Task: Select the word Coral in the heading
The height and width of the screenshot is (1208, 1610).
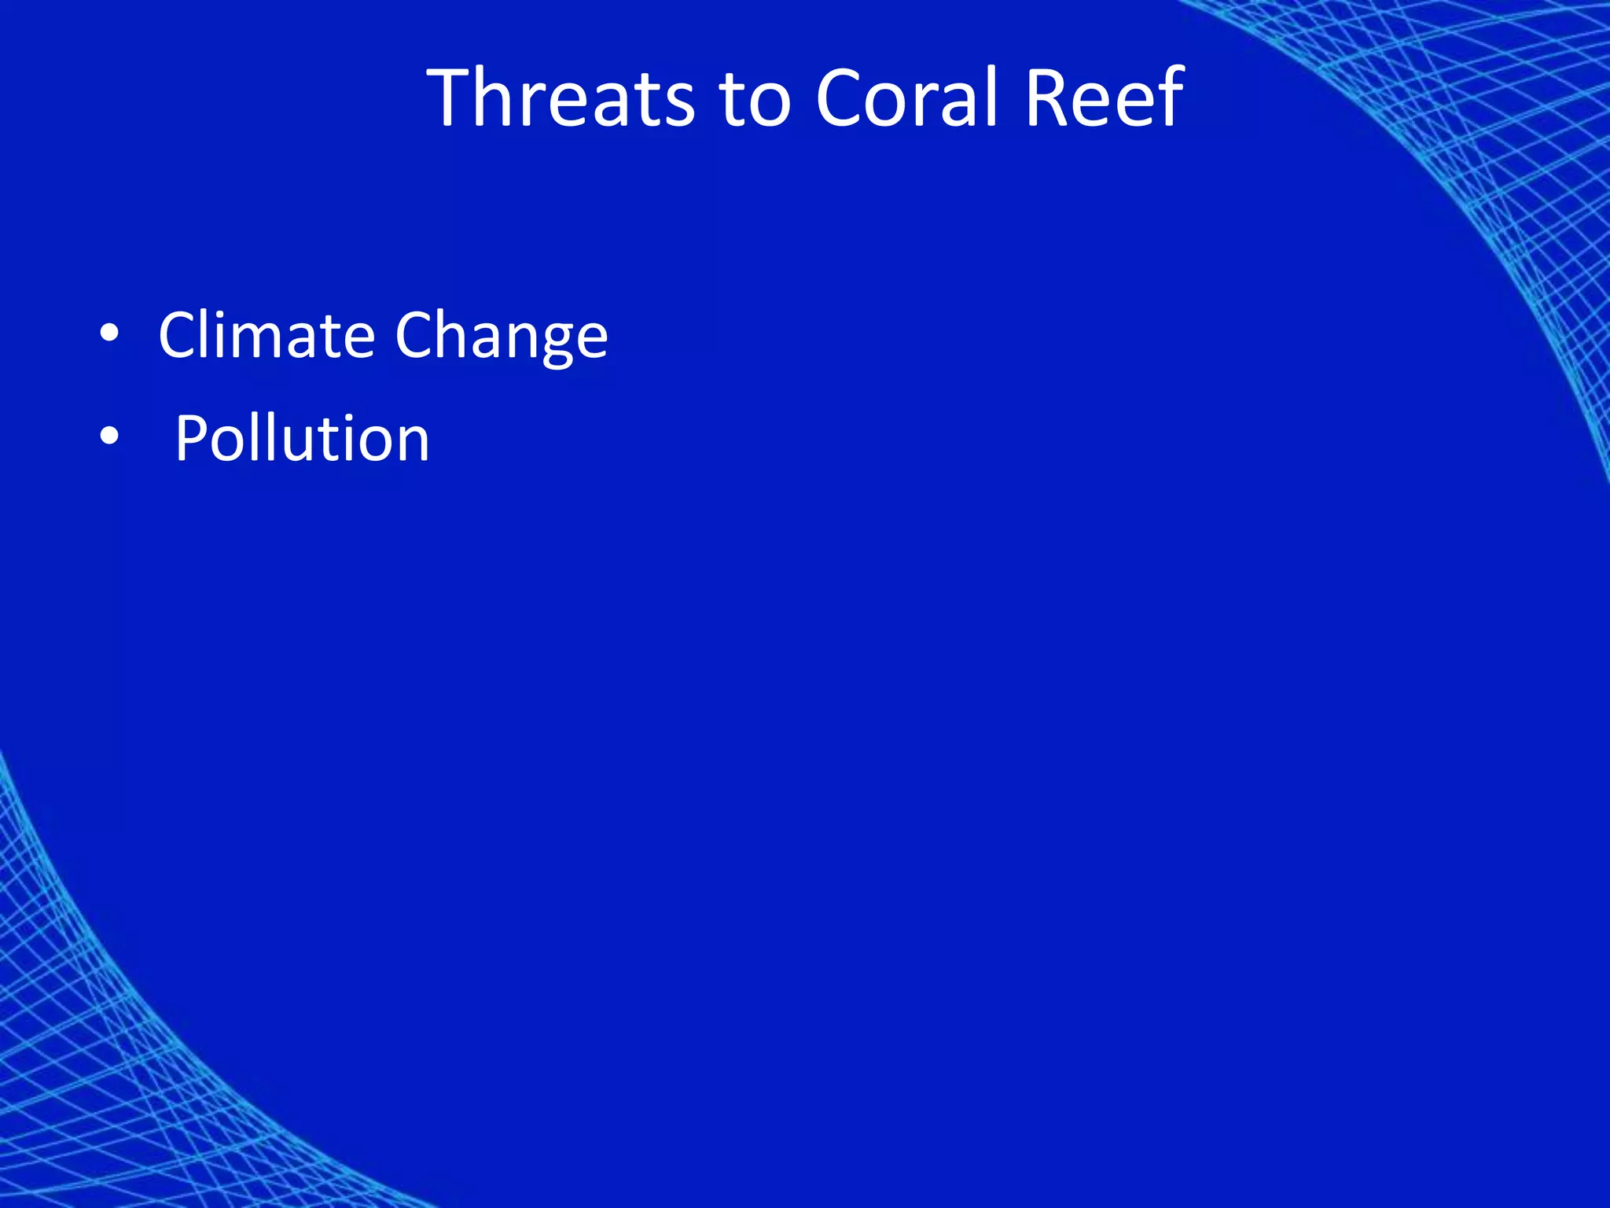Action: (906, 98)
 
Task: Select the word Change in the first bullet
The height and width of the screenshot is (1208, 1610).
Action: (502, 337)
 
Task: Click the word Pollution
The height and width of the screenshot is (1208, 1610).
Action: (302, 438)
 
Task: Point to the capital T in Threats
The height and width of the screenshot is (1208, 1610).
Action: (451, 98)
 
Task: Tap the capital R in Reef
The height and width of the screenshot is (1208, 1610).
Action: (1050, 98)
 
